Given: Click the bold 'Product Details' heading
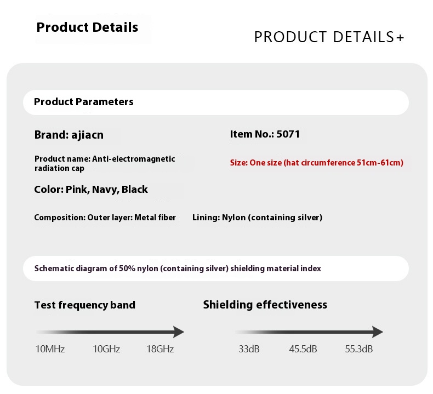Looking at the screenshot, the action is (x=87, y=27).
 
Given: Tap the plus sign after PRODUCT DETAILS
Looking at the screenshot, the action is (x=400, y=38).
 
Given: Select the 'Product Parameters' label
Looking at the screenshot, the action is (x=84, y=102).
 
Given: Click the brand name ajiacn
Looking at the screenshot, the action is (x=88, y=135).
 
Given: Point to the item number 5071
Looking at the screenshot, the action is (x=288, y=134).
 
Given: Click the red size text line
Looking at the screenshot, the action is (x=317, y=163).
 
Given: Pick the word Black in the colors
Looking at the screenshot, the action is (x=135, y=190).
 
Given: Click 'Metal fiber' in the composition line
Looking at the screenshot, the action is (x=155, y=218).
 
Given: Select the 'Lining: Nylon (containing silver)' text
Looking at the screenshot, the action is (x=258, y=218).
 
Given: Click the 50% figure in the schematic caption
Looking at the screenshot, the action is (x=127, y=269).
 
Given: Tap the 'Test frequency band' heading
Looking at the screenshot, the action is (x=85, y=305).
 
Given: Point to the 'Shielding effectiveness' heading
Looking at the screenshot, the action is (x=265, y=305).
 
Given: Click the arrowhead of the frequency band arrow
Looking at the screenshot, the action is (x=179, y=332).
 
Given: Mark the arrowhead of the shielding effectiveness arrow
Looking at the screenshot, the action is (x=378, y=332).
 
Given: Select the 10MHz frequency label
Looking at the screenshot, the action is (x=50, y=349).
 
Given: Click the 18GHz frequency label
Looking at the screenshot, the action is (x=160, y=349).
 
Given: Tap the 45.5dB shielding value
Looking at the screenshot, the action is (x=303, y=349).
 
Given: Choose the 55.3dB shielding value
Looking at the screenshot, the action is (x=358, y=349).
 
